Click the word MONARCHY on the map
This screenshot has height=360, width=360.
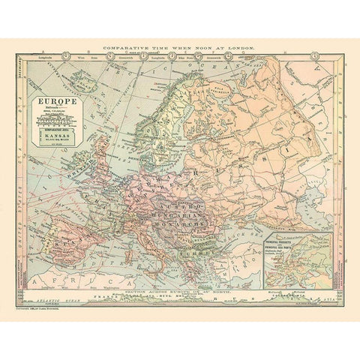pos(184,222)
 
